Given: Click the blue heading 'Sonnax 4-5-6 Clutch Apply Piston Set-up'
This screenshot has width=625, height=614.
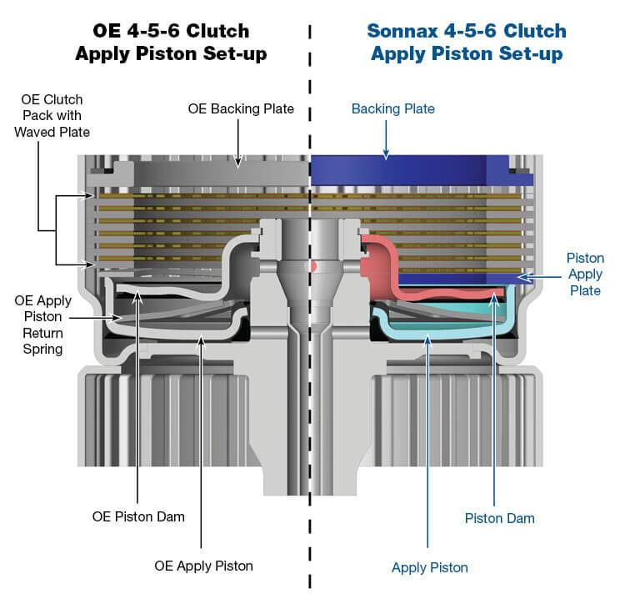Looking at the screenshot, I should coord(466,42).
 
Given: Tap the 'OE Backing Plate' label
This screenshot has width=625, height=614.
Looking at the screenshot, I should coord(241,108).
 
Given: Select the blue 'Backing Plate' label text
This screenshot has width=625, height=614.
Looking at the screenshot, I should coord(393,108).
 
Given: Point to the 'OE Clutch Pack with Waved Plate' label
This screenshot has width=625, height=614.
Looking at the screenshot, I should coord(52,116).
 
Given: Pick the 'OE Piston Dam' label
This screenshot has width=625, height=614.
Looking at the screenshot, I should coord(138,516).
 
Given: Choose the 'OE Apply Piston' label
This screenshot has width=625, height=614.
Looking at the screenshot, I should coord(203,566).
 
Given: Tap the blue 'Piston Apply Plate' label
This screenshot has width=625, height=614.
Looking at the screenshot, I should coord(585,274).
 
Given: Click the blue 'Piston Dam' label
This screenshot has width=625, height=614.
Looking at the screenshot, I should coord(499,518).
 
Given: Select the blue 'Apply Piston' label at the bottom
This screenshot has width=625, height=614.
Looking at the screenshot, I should coord(430,567).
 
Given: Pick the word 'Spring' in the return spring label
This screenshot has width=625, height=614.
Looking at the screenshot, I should coord(42,349).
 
